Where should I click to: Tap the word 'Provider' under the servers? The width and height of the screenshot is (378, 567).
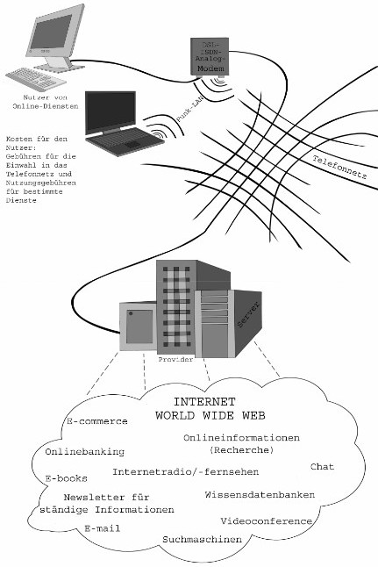click(175, 360)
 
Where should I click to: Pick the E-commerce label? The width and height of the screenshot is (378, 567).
click(97, 421)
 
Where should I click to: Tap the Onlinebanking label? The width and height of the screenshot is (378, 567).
click(84, 452)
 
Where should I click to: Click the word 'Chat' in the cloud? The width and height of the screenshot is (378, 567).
click(323, 466)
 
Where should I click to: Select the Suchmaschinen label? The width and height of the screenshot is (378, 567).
click(202, 539)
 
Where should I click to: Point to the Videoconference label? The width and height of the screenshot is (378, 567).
click(266, 520)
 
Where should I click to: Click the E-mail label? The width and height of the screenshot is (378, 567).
click(103, 528)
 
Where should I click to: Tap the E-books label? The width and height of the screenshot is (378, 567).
click(67, 478)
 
